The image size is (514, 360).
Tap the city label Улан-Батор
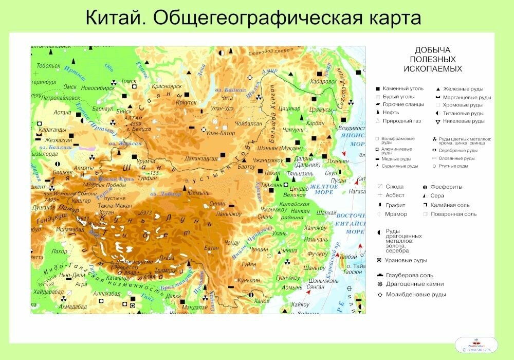pos(220,133)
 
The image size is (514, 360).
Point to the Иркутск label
pos(186,102)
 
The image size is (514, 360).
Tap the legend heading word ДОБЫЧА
pos(432,50)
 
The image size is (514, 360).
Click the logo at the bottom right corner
pos(476,345)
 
